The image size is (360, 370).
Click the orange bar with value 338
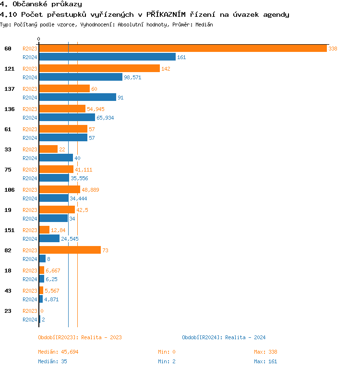tap(182, 49)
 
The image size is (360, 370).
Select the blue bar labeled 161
tap(107, 57)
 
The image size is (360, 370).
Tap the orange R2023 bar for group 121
tap(99, 69)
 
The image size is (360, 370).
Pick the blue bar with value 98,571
tap(81, 77)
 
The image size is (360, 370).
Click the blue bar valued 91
tap(77, 98)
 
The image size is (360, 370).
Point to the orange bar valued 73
tap(70, 250)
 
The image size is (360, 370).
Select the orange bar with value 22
tap(48, 149)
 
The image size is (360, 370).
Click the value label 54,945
tap(96, 109)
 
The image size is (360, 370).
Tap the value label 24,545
tap(70, 239)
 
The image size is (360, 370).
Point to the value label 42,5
tap(83, 210)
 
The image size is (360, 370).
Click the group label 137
tap(10, 89)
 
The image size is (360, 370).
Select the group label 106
tap(10, 190)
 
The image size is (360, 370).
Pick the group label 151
tap(10, 230)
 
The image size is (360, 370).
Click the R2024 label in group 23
tap(30, 320)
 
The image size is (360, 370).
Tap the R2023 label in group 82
tap(30, 250)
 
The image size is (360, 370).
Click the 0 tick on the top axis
tap(39, 39)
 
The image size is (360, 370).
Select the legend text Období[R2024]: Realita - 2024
tap(224, 337)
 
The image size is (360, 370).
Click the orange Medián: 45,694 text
tap(58, 352)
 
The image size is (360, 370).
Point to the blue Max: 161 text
tap(265, 361)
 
